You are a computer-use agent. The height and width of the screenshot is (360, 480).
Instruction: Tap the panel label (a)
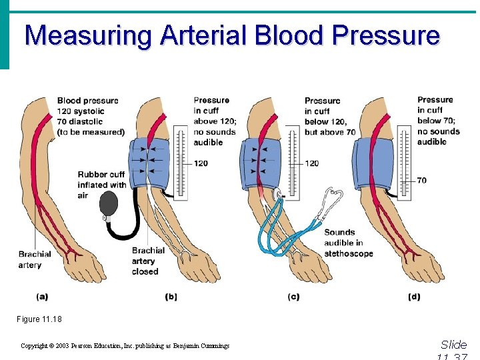tap(42, 296)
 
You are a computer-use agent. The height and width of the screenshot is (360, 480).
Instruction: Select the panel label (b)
tap(171, 296)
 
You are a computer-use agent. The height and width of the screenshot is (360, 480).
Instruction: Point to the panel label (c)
tap(293, 296)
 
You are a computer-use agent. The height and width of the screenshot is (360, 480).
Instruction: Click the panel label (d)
tap(414, 296)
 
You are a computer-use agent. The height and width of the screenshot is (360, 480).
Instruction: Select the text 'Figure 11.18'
tap(39, 319)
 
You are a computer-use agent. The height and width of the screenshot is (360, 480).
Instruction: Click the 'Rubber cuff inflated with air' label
tap(101, 185)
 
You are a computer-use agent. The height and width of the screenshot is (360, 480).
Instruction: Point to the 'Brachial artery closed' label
tap(148, 261)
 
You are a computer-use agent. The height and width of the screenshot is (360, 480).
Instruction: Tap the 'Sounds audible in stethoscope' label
tap(348, 243)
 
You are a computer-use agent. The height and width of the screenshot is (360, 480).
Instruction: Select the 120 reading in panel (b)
tap(201, 163)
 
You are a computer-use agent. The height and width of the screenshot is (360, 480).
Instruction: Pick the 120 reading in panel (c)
tap(312, 163)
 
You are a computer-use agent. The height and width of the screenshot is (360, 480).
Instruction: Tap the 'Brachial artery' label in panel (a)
tap(35, 259)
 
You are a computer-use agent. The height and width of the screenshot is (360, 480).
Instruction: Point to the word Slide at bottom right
tap(453, 345)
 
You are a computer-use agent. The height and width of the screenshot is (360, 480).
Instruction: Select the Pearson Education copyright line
tap(125, 346)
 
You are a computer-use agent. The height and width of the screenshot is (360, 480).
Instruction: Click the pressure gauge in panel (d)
tap(404, 160)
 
